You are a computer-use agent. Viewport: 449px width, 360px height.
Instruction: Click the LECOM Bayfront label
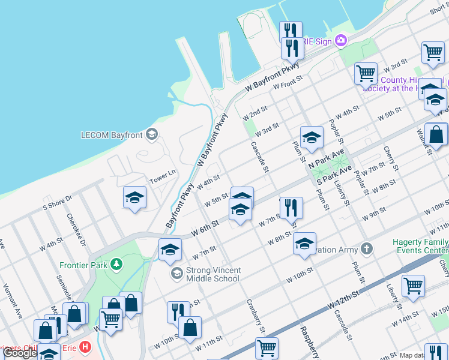pyautogui.click(x=112, y=135)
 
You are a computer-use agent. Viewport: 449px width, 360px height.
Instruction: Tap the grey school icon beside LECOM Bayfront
pyautogui.click(x=152, y=134)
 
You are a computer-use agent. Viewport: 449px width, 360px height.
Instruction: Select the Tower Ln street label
pyautogui.click(x=162, y=173)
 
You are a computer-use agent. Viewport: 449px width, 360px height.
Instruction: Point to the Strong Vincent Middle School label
pyautogui.click(x=212, y=274)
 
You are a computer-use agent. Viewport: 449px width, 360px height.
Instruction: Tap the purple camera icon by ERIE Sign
pyautogui.click(x=341, y=40)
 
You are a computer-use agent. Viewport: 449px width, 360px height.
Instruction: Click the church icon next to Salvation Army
pyautogui.click(x=366, y=248)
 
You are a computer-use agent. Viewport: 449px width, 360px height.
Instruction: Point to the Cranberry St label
pyautogui.click(x=255, y=316)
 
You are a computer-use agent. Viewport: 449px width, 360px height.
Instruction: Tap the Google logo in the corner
pyautogui.click(x=20, y=353)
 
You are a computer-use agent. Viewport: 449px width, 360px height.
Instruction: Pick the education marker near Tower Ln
pyautogui.click(x=134, y=197)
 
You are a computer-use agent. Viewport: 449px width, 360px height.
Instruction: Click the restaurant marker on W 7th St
pyautogui.click(x=291, y=208)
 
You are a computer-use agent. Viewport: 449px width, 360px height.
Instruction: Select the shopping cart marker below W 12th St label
pyautogui.click(x=413, y=286)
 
